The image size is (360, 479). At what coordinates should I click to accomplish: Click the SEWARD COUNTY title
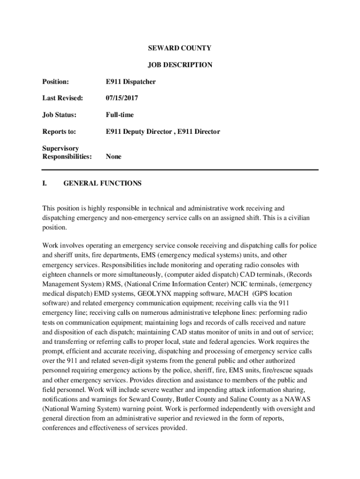click(180, 48)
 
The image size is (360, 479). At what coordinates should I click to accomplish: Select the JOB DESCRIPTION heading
click(180, 65)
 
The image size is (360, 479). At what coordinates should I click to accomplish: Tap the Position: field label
click(56, 82)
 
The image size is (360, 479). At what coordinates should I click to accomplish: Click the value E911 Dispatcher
click(130, 82)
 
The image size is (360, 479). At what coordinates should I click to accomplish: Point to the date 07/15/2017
click(122, 98)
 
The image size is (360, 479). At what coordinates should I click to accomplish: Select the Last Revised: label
click(63, 98)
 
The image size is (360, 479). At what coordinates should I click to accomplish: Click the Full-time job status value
click(120, 115)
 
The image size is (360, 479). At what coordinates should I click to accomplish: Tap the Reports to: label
click(59, 132)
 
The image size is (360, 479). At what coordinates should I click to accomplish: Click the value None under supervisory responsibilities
click(114, 157)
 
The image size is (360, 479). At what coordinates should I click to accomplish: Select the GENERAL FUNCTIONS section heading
click(102, 183)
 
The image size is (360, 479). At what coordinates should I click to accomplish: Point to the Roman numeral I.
click(45, 183)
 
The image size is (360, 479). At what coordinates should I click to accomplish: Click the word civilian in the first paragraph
click(296, 218)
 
